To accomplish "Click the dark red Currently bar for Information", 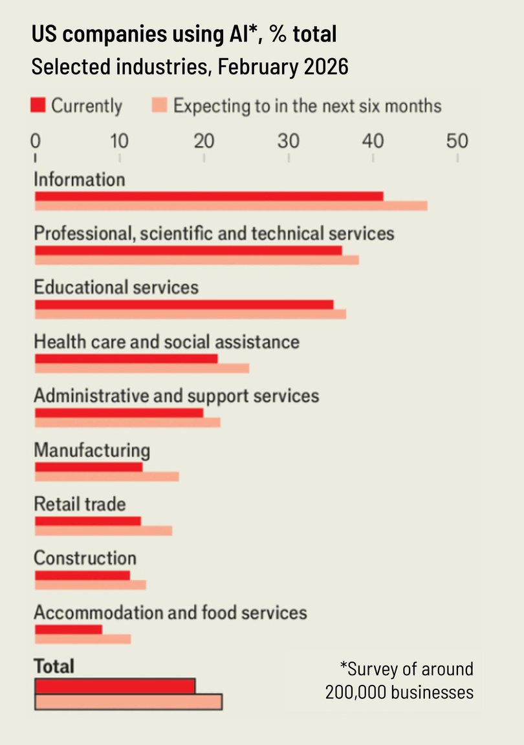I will (x=208, y=196).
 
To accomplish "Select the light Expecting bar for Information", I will (x=230, y=206).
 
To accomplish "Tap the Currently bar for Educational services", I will (x=184, y=305).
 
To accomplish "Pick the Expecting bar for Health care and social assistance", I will (x=142, y=369).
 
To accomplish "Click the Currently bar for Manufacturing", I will (x=88, y=467).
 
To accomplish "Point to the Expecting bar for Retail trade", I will (x=104, y=531).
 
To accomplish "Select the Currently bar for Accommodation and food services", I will (x=68, y=629).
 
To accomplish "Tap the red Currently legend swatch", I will (x=38, y=105).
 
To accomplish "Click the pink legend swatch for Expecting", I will (x=159, y=105).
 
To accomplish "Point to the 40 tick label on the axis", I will (x=373, y=140).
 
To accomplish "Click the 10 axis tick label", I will (x=120, y=140).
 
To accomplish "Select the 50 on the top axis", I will (x=457, y=140).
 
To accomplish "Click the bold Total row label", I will (x=54, y=665).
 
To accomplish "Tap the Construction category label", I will (x=85, y=557).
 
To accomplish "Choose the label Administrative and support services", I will (x=176, y=395).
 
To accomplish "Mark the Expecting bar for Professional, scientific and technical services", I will (x=197, y=260).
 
